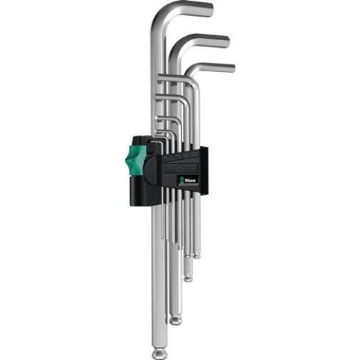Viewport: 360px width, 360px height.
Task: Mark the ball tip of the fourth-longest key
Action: tap(197, 255)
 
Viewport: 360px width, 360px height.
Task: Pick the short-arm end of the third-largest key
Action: tap(233, 67)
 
